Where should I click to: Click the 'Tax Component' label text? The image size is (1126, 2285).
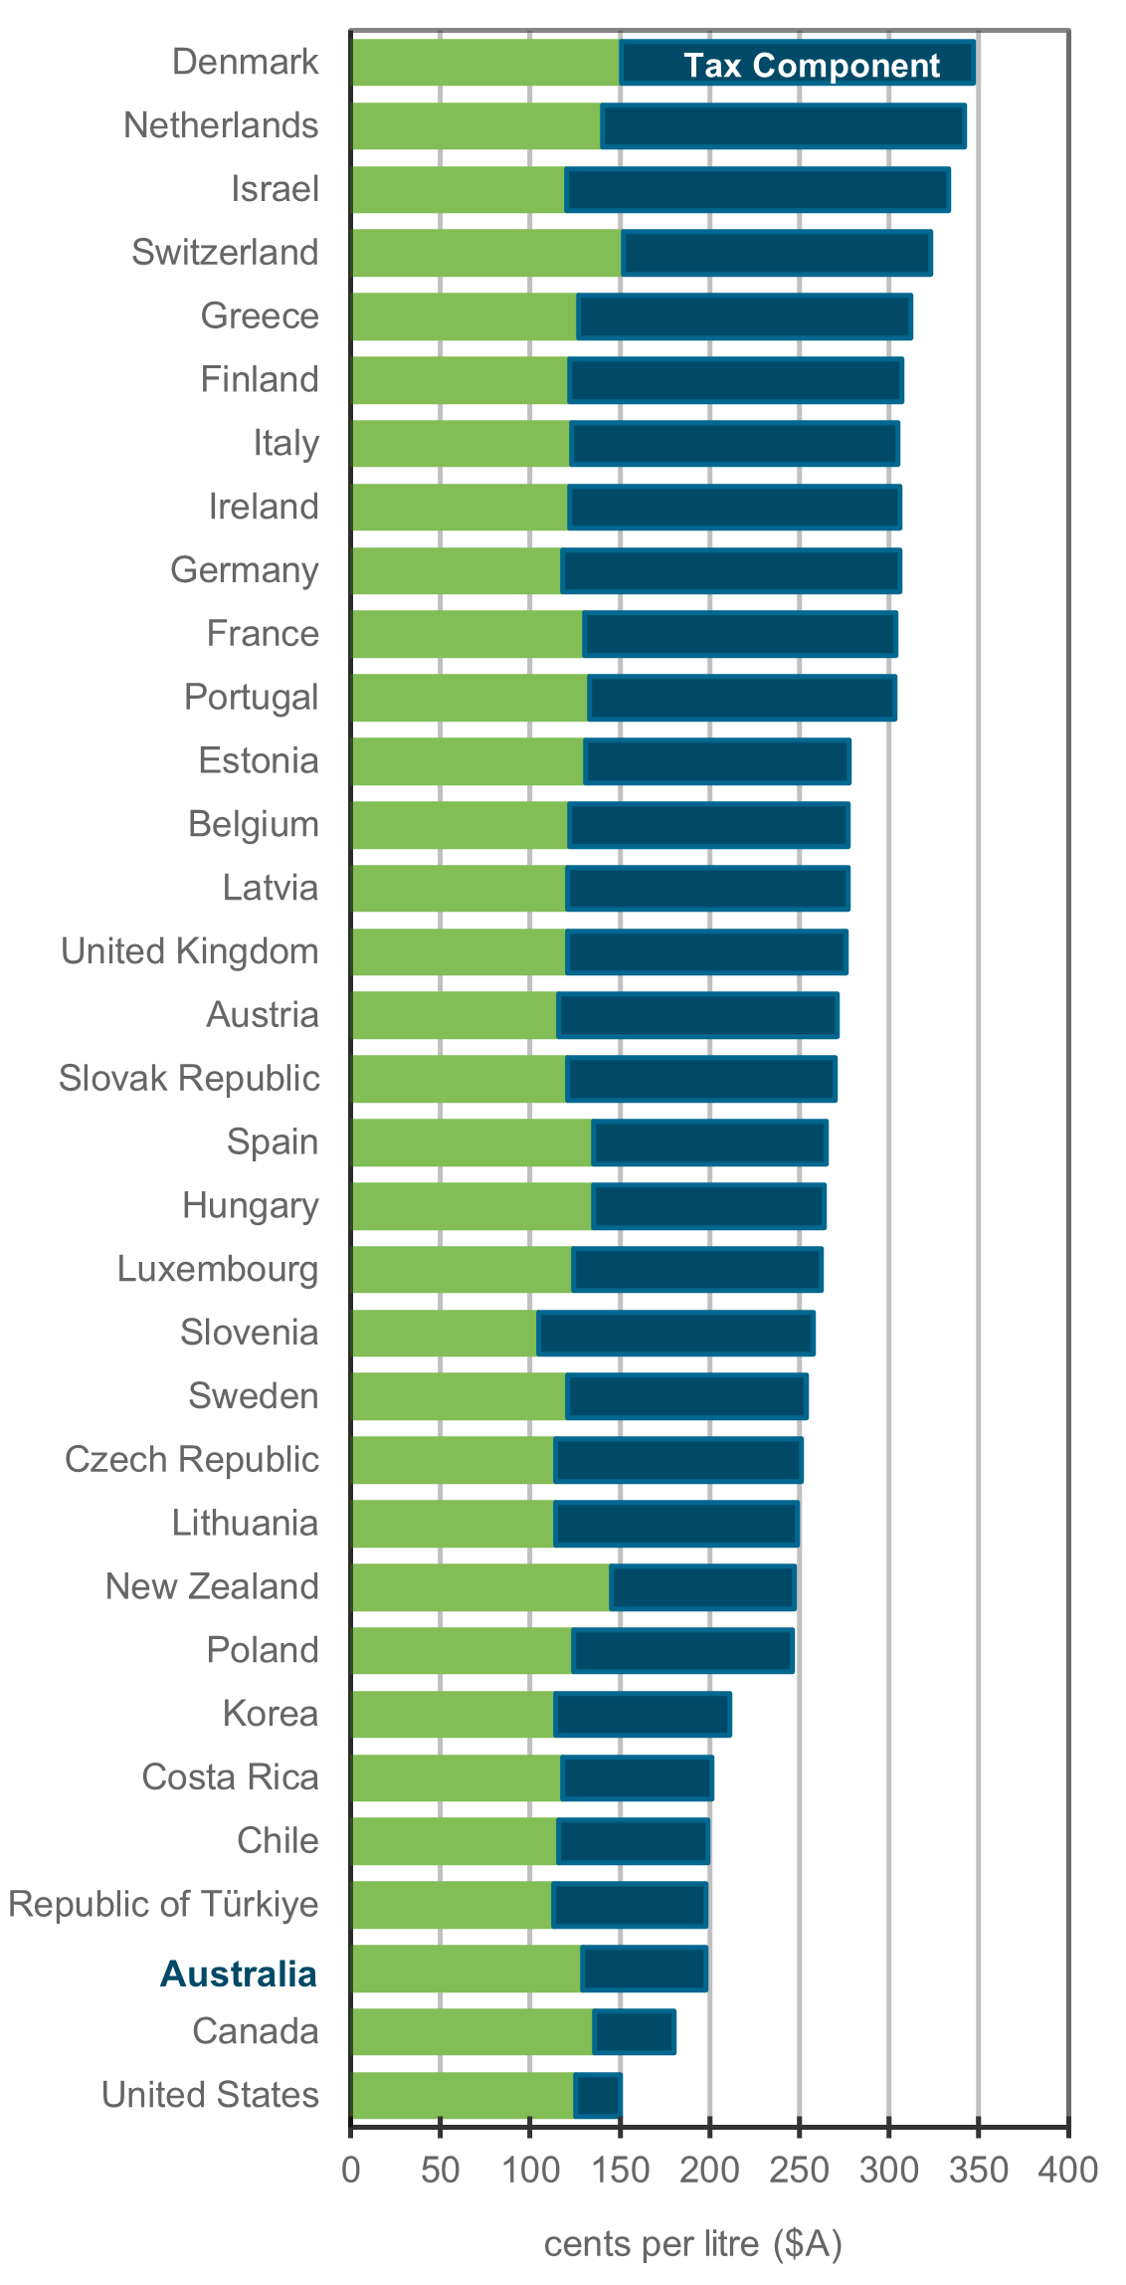click(x=811, y=66)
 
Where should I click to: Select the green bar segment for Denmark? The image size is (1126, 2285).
click(x=485, y=63)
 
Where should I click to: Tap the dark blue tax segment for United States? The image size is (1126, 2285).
click(x=598, y=2095)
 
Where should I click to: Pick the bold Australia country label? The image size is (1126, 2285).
click(x=239, y=1973)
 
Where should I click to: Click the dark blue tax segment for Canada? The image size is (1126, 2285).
click(x=634, y=2031)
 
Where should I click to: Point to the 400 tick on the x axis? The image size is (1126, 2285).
click(x=1067, y=2170)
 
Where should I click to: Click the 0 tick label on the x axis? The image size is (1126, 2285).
click(x=351, y=2170)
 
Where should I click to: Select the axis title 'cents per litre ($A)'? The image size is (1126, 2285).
click(x=693, y=2244)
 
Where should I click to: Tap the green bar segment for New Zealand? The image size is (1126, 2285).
click(x=480, y=1586)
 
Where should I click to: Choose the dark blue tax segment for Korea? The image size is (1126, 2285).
click(x=643, y=1714)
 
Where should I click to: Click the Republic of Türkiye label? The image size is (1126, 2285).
click(x=164, y=1904)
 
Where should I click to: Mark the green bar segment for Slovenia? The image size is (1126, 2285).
click(x=445, y=1333)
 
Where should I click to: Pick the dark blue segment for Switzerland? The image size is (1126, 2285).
click(x=777, y=253)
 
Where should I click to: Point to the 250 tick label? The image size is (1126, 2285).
click(x=799, y=2170)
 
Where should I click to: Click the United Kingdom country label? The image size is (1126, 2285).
click(x=190, y=951)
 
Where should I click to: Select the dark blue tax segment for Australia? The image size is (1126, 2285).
click(x=645, y=1969)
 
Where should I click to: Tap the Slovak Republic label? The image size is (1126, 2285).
click(x=190, y=1079)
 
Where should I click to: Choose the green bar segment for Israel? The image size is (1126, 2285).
click(x=459, y=189)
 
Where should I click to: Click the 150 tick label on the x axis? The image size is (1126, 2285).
click(x=620, y=2170)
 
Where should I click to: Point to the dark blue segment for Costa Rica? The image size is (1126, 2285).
click(x=637, y=1777)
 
